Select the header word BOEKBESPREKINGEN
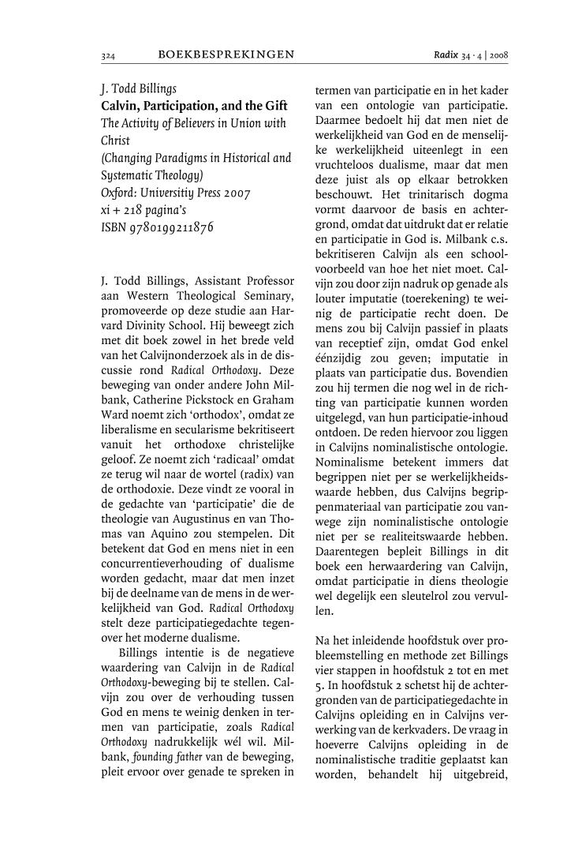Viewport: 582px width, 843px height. [x=226, y=54]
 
